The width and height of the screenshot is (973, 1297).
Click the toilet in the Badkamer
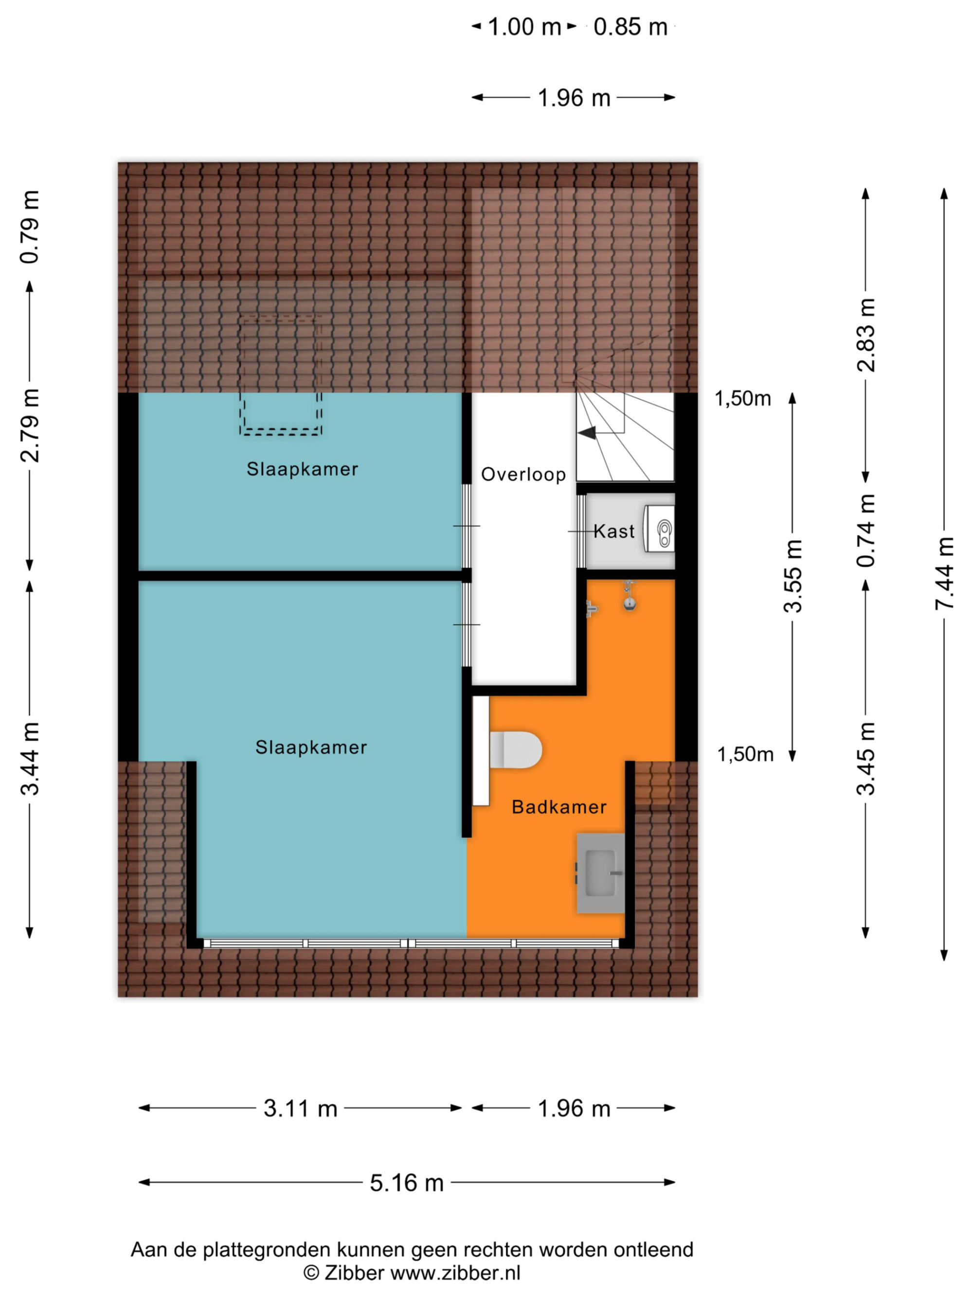point(515,750)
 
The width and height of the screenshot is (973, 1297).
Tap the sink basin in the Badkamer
point(600,873)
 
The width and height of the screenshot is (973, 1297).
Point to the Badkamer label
point(559,807)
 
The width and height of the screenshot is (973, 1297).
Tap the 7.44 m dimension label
point(944,573)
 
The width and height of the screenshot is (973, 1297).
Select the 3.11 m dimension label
point(300,1108)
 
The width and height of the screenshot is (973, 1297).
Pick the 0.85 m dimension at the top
point(631,27)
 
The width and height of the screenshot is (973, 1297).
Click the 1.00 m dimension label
point(524,27)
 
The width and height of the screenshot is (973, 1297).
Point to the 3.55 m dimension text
point(793,576)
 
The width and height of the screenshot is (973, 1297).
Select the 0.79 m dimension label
point(30,227)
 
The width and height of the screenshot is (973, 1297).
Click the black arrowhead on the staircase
point(587,433)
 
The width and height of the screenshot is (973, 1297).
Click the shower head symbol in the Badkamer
point(630,597)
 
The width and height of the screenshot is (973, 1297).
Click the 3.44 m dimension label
point(30,759)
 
